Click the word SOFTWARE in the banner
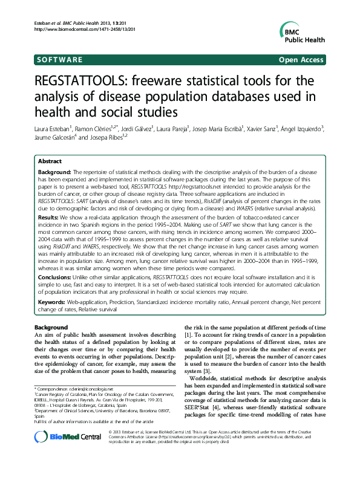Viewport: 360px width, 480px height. coord(59,60)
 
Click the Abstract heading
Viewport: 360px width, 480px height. coord(50,162)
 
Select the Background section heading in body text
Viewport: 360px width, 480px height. coord(51,327)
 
